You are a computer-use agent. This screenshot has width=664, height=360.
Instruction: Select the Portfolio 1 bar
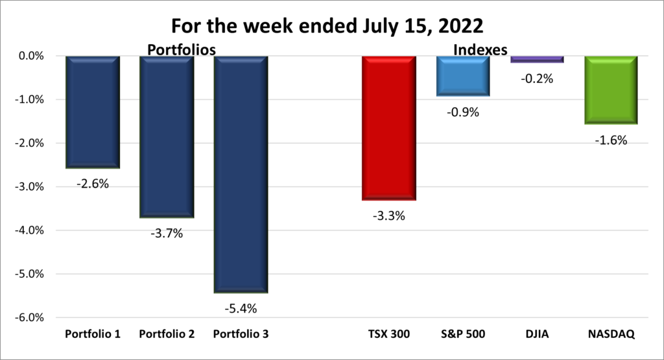[x=93, y=112]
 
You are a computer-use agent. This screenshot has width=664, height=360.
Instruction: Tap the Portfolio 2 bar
[x=167, y=136]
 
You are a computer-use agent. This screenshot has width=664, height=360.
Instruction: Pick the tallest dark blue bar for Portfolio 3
[x=241, y=174]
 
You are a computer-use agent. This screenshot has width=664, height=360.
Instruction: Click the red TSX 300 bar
[x=389, y=128]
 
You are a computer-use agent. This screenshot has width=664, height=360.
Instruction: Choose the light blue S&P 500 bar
[x=463, y=76]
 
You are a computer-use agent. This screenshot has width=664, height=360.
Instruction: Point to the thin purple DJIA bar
[x=537, y=60]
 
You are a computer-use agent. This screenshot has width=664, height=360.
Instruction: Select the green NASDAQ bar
[x=611, y=90]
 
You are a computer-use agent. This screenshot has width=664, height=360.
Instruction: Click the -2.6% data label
[x=93, y=184]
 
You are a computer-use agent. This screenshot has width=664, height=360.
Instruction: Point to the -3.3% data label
[x=389, y=216]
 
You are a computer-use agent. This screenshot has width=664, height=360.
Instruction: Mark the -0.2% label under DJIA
[x=537, y=79]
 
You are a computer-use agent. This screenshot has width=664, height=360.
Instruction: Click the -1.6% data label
[x=611, y=139]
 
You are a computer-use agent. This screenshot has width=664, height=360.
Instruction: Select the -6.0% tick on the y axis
[x=28, y=318]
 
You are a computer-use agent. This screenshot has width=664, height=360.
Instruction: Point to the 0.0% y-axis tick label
[x=30, y=56]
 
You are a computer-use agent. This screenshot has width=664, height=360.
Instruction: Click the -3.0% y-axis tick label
[x=28, y=187]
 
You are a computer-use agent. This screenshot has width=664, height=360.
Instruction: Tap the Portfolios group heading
[x=181, y=49]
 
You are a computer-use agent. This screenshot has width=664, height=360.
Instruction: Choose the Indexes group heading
[x=480, y=49]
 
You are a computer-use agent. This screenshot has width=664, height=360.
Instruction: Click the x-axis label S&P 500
[x=463, y=335]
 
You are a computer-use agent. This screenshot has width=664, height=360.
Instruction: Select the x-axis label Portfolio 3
[x=241, y=335]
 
